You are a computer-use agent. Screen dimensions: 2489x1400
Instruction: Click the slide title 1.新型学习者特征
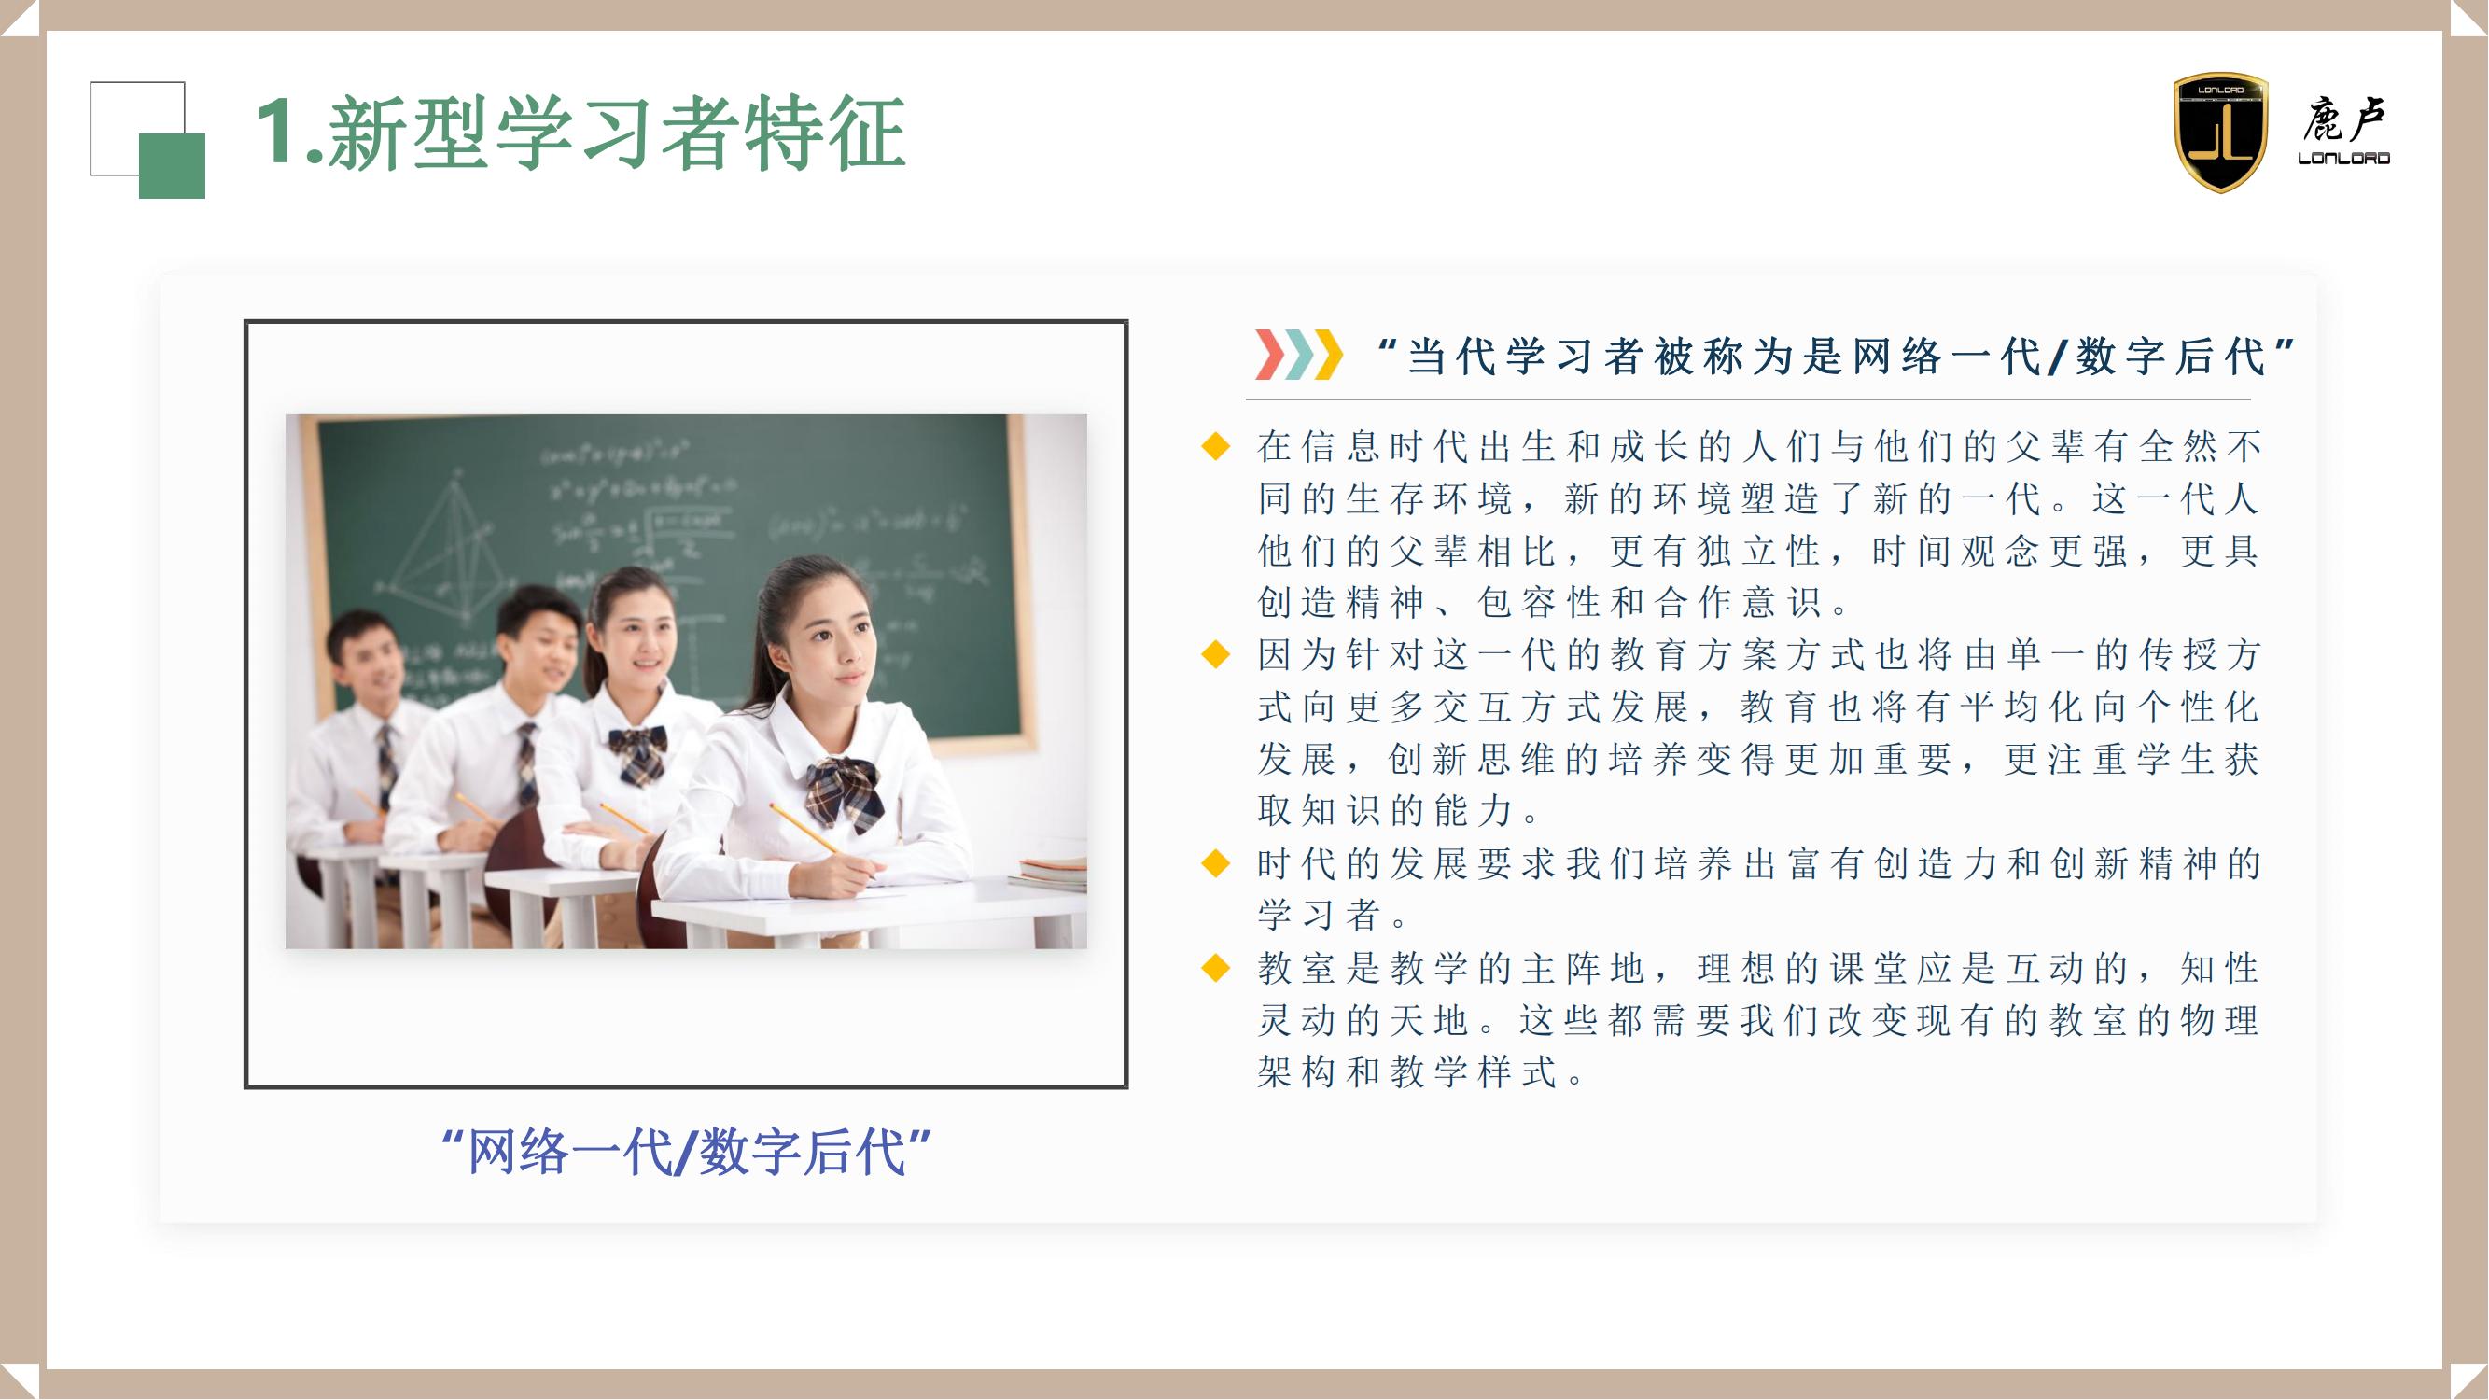580,133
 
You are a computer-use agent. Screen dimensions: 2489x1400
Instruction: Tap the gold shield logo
2220,133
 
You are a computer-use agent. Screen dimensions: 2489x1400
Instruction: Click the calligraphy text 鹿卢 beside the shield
2343,121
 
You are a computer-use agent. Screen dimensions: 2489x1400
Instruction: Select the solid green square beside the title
172,165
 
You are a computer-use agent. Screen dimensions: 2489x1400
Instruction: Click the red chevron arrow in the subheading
1269,355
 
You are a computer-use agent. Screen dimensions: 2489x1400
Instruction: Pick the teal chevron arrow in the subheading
1300,355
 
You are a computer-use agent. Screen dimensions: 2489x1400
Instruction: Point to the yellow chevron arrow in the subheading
1330,355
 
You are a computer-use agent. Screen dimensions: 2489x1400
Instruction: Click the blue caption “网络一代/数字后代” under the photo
685,1152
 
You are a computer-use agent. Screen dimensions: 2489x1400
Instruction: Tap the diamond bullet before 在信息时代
1215,446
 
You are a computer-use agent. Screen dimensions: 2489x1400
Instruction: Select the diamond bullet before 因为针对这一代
1215,655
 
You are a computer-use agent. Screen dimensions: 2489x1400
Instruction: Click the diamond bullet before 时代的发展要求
1215,862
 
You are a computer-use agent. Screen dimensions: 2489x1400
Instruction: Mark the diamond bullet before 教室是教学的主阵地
1215,967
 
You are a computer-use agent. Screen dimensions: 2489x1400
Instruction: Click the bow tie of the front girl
846,790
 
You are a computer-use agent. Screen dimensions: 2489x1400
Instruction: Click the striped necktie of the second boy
527,763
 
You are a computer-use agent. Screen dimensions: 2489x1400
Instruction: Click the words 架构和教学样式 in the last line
1406,1071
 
